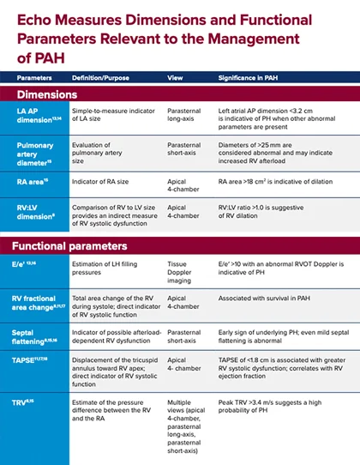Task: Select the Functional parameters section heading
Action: pos(70,246)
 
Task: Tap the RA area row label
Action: pos(33,183)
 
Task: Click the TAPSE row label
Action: pos(32,363)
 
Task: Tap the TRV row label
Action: pos(27,398)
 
